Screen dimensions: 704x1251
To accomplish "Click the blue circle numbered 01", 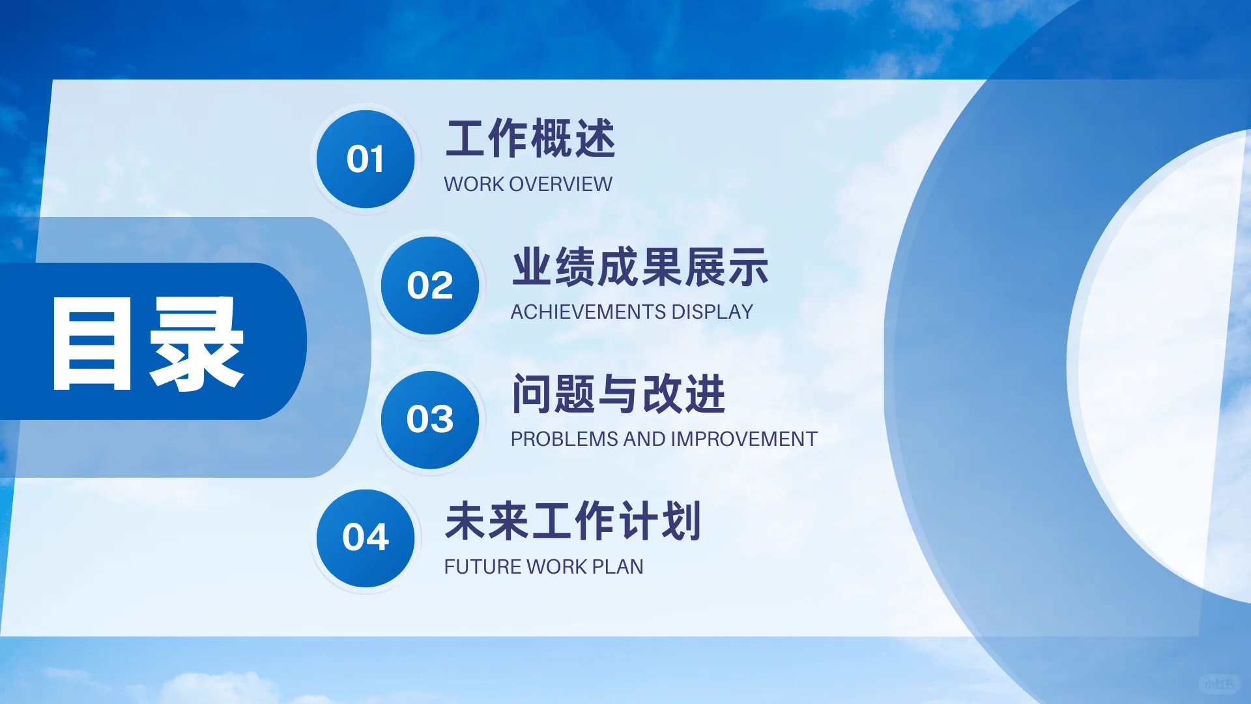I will pos(366,159).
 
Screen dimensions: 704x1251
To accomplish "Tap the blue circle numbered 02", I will pos(430,286).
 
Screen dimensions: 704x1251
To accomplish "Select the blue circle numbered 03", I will pos(430,419).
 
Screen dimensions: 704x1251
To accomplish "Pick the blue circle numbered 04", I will pos(366,538).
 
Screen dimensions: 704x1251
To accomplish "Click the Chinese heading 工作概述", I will pos(530,139).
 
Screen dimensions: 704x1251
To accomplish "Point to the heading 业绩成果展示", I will pos(640,267).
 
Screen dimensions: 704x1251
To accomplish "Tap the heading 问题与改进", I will pos(618,394).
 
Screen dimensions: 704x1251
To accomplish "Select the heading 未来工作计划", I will pos(573,521).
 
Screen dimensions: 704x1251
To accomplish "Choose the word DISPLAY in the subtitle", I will pos(712,312).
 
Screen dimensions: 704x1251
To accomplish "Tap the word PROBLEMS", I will pos(564,439).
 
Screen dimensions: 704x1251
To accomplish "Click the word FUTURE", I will pos(482,567).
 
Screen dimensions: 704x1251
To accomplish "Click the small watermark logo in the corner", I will pos(1219,684).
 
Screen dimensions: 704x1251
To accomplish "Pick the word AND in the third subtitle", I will pos(644,439).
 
